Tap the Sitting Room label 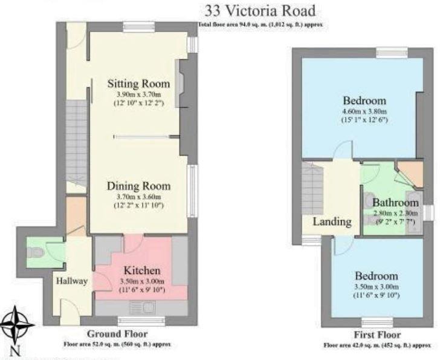(138, 83)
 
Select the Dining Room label (139, 186)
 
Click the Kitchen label (142, 270)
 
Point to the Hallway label (72, 281)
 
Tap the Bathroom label (395, 203)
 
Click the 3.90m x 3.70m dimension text (138, 95)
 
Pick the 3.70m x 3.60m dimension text (139, 197)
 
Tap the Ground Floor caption (117, 334)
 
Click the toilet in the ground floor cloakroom (35, 250)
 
